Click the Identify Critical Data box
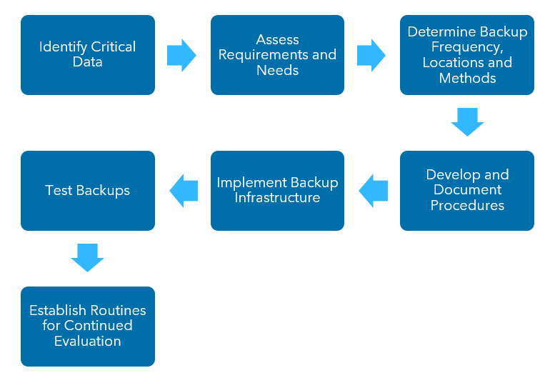88,55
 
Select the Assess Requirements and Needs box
277,55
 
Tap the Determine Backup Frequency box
467,55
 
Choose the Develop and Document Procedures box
467,191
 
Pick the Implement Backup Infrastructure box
277,191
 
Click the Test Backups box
88,191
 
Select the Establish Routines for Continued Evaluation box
88,327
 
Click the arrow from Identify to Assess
181,55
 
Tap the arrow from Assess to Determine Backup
371,55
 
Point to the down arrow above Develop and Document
467,122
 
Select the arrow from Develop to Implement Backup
373,191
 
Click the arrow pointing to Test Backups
184,191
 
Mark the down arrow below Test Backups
88,258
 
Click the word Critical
113,47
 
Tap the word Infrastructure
277,198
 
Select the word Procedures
467,206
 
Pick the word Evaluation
88,342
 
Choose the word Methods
467,78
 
